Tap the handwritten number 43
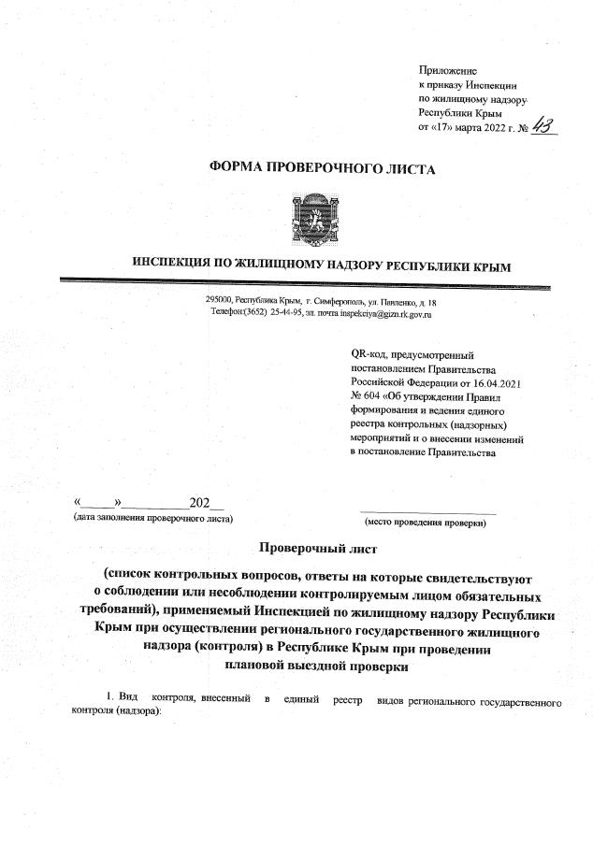[540, 127]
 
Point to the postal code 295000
[220, 301]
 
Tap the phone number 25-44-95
[286, 313]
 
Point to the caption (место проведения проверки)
[425, 521]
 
